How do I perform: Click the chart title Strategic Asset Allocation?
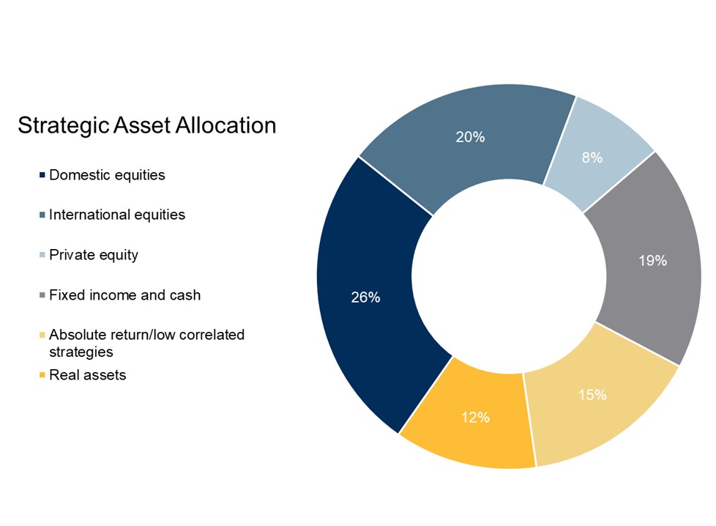146,125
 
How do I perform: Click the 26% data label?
365,297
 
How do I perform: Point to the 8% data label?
592,158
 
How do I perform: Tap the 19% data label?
652,261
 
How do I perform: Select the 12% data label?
475,418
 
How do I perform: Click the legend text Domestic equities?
107,175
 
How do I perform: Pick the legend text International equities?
117,215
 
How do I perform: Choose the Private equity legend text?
94,255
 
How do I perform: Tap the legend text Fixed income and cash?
124,295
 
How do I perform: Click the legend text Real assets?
87,375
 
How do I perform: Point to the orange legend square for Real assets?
42,376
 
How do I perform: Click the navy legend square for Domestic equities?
42,176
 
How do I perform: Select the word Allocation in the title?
225,125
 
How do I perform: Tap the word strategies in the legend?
81,352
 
